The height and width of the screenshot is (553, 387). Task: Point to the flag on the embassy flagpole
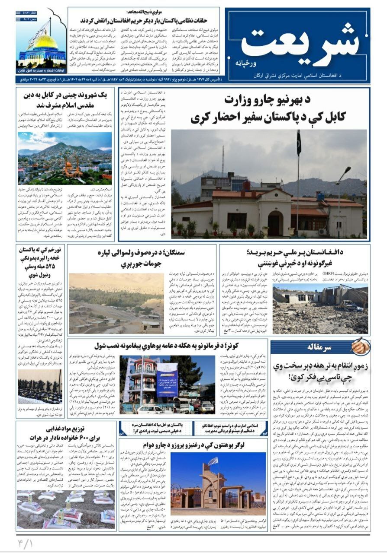click(299, 143)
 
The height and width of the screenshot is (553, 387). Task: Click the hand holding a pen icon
click(360, 346)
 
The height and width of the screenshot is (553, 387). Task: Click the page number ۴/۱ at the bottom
click(26, 543)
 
